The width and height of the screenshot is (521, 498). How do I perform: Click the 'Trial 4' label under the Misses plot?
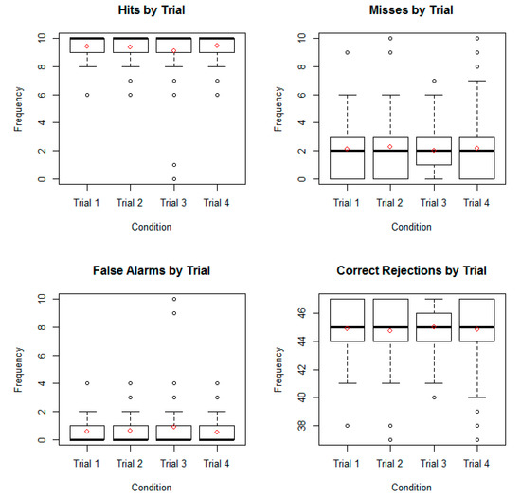click(477, 202)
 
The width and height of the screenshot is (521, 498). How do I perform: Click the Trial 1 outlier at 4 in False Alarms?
click(86, 383)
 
